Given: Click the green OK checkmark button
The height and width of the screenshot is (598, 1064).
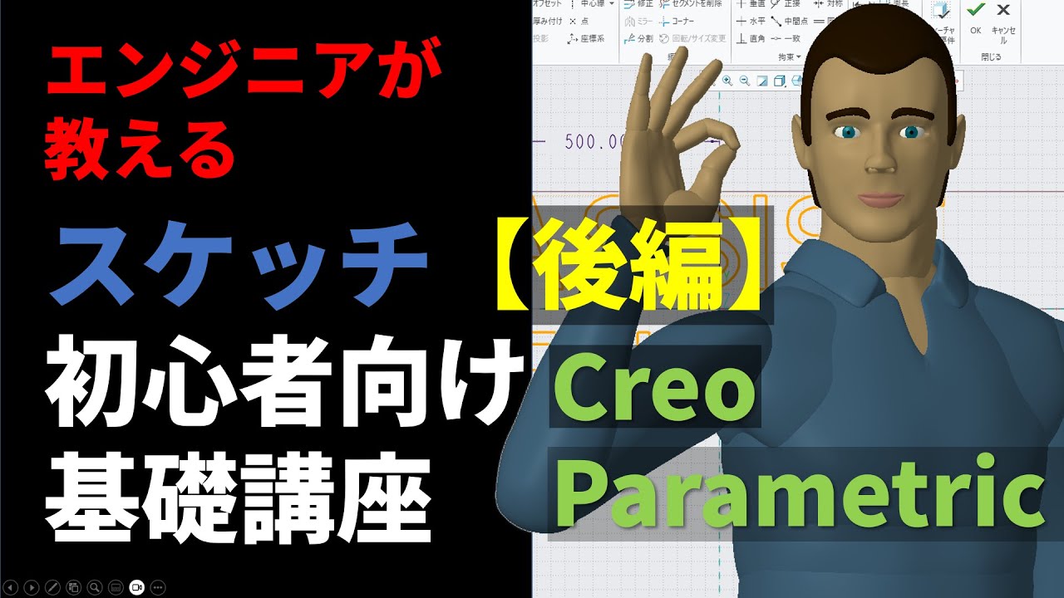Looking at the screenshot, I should [x=975, y=11].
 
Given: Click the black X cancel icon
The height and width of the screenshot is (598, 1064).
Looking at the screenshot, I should [x=1003, y=11].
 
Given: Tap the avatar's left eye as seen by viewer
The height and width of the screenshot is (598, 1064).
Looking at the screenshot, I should [x=846, y=132].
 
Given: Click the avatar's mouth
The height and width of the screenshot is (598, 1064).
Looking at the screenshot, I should [x=879, y=199].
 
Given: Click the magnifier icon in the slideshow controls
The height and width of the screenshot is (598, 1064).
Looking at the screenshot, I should [x=94, y=587].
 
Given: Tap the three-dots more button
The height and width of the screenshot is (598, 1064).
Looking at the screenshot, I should [x=159, y=587].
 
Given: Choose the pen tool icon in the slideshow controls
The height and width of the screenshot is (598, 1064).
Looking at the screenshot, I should [x=52, y=587].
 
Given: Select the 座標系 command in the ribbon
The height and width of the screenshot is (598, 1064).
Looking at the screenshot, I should [x=588, y=38].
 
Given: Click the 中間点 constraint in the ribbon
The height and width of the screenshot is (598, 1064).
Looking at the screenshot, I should [x=791, y=21].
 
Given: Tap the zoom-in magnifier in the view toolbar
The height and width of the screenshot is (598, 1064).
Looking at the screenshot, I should [x=727, y=81].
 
